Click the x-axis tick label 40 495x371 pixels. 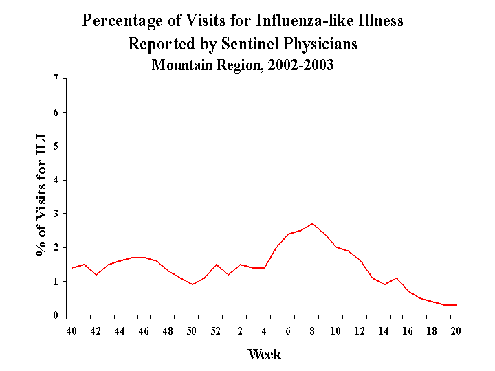(x=72, y=330)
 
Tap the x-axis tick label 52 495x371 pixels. (x=216, y=330)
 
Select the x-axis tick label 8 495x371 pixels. (x=312, y=330)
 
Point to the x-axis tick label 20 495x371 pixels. (x=456, y=330)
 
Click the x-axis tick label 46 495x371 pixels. (x=144, y=330)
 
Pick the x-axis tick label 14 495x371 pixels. (x=384, y=330)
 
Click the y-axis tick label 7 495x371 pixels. (x=55, y=78)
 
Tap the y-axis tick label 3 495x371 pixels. (x=55, y=214)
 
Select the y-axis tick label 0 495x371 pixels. (x=55, y=315)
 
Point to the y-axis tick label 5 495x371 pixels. (x=55, y=146)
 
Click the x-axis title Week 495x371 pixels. (x=264, y=355)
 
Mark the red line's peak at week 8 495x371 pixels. (x=312, y=223)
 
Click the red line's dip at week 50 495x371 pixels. (x=192, y=284)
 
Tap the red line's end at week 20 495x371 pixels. (x=456, y=305)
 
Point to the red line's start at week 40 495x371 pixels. (x=72, y=268)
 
